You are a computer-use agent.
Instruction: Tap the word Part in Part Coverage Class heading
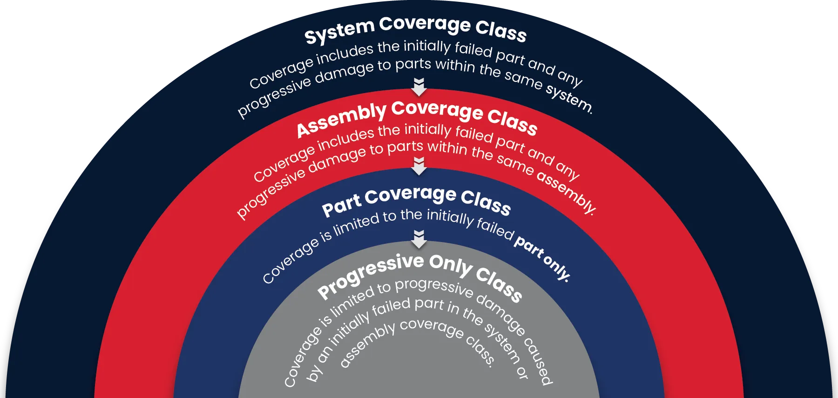pyautogui.click(x=341, y=204)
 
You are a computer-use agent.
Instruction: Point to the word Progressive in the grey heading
pyautogui.click(x=370, y=275)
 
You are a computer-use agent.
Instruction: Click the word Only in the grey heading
pyautogui.click(x=450, y=265)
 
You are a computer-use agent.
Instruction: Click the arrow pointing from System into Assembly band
pyautogui.click(x=419, y=87)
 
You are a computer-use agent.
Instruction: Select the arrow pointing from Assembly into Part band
pyautogui.click(x=419, y=166)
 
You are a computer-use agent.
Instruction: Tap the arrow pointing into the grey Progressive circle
pyautogui.click(x=419, y=239)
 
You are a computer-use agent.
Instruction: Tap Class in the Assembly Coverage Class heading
pyautogui.click(x=512, y=122)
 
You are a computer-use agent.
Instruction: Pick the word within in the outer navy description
pyautogui.click(x=454, y=65)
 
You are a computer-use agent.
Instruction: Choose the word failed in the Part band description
pyautogui.click(x=495, y=227)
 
